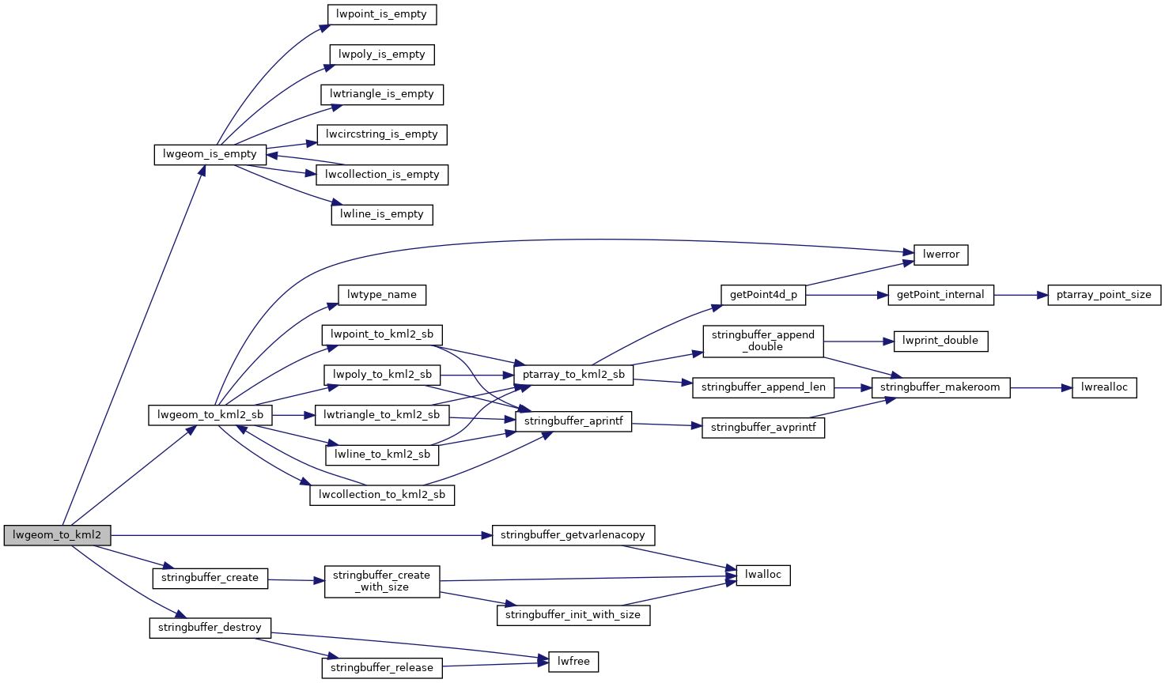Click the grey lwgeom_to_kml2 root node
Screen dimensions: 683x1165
57,535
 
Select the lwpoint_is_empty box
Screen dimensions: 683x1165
382,14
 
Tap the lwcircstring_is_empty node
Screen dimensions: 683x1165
382,134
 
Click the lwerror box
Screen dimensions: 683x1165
941,255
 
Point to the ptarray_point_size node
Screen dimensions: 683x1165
1104,295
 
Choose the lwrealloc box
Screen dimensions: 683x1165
1104,387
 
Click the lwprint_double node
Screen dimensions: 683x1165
940,341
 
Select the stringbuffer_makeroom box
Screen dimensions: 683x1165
940,387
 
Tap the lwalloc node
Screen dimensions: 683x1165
763,575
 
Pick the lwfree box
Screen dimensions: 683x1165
573,661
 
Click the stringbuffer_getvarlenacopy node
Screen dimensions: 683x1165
573,535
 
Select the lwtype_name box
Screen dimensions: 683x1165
382,295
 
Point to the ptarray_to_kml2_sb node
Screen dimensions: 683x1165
573,375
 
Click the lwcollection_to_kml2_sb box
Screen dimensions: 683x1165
382,495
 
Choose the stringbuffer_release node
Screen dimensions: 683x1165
382,667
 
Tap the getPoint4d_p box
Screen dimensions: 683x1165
763,295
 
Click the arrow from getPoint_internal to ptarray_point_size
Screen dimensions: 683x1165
1020,295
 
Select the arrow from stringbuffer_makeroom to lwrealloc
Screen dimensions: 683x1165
1041,387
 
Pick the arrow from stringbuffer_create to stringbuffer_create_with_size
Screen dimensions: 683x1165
297,580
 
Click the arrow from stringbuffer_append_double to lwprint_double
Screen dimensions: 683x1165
858,341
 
